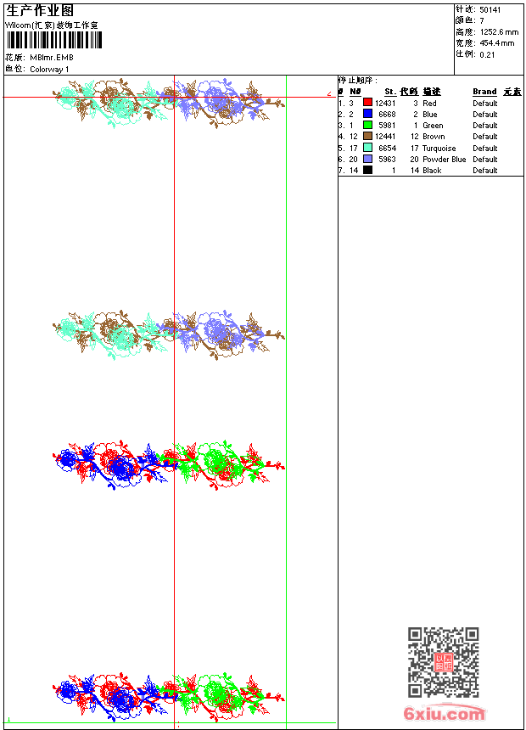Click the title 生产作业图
coord(40,10)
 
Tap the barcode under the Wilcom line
coord(52,41)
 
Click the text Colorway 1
coord(50,70)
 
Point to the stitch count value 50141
coord(490,10)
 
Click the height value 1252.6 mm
coord(499,32)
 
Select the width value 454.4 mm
coord(497,43)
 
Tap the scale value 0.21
coord(487,54)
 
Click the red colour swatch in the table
coord(368,103)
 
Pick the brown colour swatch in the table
coord(368,137)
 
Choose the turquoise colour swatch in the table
coord(368,148)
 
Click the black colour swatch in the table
coord(368,171)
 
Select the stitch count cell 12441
coord(386,137)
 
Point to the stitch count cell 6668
coord(388,115)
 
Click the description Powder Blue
coord(445,160)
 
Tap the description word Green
coord(433,126)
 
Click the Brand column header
coord(484,92)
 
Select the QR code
coord(443,662)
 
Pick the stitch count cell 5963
coord(388,160)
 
